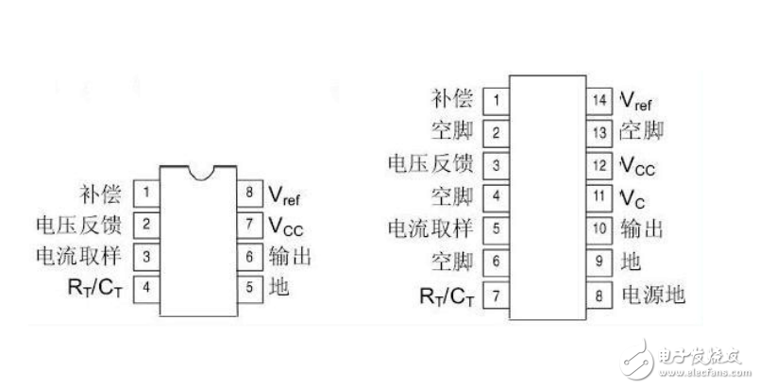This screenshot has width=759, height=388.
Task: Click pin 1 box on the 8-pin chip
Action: click(146, 195)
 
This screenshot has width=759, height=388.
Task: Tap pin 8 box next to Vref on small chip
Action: click(248, 195)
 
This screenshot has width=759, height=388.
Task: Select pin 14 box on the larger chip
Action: click(598, 99)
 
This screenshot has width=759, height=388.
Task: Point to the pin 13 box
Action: click(598, 131)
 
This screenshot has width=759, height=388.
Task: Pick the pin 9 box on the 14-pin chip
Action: click(598, 261)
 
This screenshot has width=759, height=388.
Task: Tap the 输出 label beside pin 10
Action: click(641, 229)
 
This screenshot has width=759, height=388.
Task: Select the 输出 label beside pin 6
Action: click(291, 255)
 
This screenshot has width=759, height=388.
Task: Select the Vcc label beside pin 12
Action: click(637, 164)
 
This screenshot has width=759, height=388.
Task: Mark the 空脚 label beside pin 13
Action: click(642, 131)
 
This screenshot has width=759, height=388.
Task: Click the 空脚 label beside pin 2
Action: click(451, 131)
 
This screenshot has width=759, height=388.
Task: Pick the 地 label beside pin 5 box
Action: click(279, 286)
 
